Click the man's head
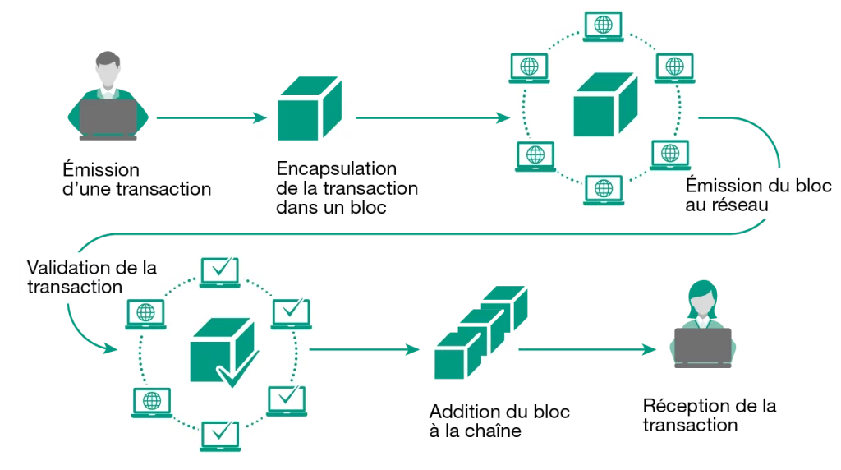[108, 65]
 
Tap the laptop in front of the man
[108, 117]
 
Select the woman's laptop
[702, 342]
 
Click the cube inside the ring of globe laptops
[604, 105]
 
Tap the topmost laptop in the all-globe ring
[603, 25]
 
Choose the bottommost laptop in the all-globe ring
[604, 190]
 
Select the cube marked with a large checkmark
[218, 349]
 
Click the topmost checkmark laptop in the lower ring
[220, 269]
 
